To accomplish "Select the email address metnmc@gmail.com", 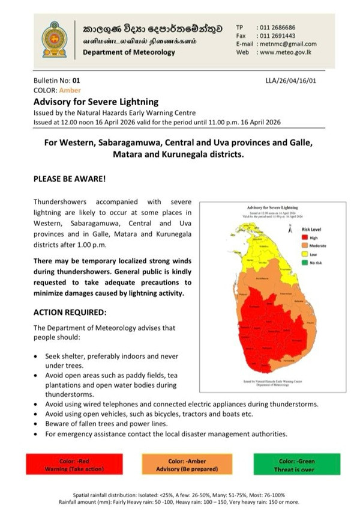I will [287, 44].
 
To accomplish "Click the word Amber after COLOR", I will [70, 90].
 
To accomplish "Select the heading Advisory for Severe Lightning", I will [96, 102].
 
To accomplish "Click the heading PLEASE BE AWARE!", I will [70, 179].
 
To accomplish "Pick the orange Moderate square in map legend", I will [305, 246].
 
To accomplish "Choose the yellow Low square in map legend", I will [305, 254].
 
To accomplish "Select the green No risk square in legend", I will [305, 262].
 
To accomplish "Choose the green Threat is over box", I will [296, 465].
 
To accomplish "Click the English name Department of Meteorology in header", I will [129, 52].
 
